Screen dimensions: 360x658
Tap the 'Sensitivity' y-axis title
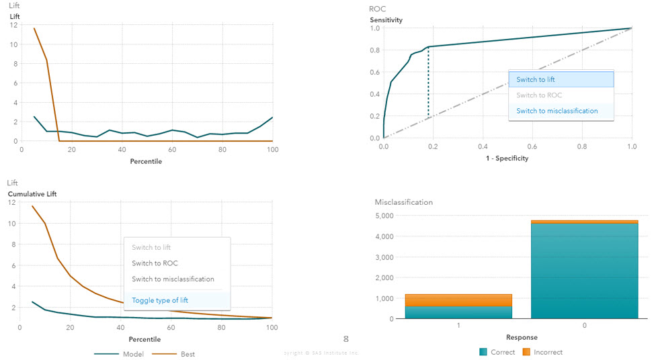[386, 20]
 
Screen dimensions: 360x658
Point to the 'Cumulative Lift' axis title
[32, 194]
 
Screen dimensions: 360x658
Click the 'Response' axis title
[522, 337]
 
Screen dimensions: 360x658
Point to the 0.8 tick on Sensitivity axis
[374, 50]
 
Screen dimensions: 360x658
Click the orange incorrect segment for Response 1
[458, 300]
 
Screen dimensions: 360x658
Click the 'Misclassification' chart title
[403, 202]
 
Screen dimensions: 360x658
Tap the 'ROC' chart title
[377, 9]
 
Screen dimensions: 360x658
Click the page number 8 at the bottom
[346, 339]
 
